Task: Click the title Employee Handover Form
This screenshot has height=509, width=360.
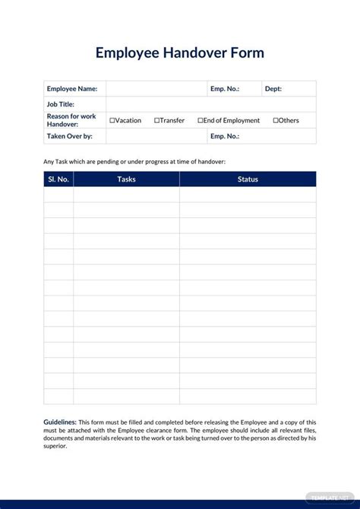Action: pos(180,53)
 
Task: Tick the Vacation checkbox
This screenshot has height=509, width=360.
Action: pos(112,121)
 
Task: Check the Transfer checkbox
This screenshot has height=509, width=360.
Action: pos(156,121)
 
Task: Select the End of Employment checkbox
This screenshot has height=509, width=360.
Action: pos(201,121)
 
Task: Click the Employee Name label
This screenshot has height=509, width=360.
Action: pos(72,89)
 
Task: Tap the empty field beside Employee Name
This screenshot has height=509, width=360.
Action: pos(156,89)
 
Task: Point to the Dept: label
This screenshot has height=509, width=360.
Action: pos(273,89)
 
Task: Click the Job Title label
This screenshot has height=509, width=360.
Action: pos(60,105)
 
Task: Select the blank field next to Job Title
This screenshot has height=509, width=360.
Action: pos(210,105)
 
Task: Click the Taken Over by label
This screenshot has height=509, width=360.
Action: pos(69,137)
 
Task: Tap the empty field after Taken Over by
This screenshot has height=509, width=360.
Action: pos(156,137)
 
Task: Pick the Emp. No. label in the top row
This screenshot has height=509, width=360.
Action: pos(225,89)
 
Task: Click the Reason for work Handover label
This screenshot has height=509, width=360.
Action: pos(71,120)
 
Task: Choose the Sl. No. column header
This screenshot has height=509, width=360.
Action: pos(58,179)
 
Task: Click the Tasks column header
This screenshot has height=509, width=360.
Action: pos(127,179)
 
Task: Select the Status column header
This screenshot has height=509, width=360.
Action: pos(248,179)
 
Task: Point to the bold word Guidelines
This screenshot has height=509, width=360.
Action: pos(60,422)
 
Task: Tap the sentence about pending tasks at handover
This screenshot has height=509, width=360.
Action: pos(134,161)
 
